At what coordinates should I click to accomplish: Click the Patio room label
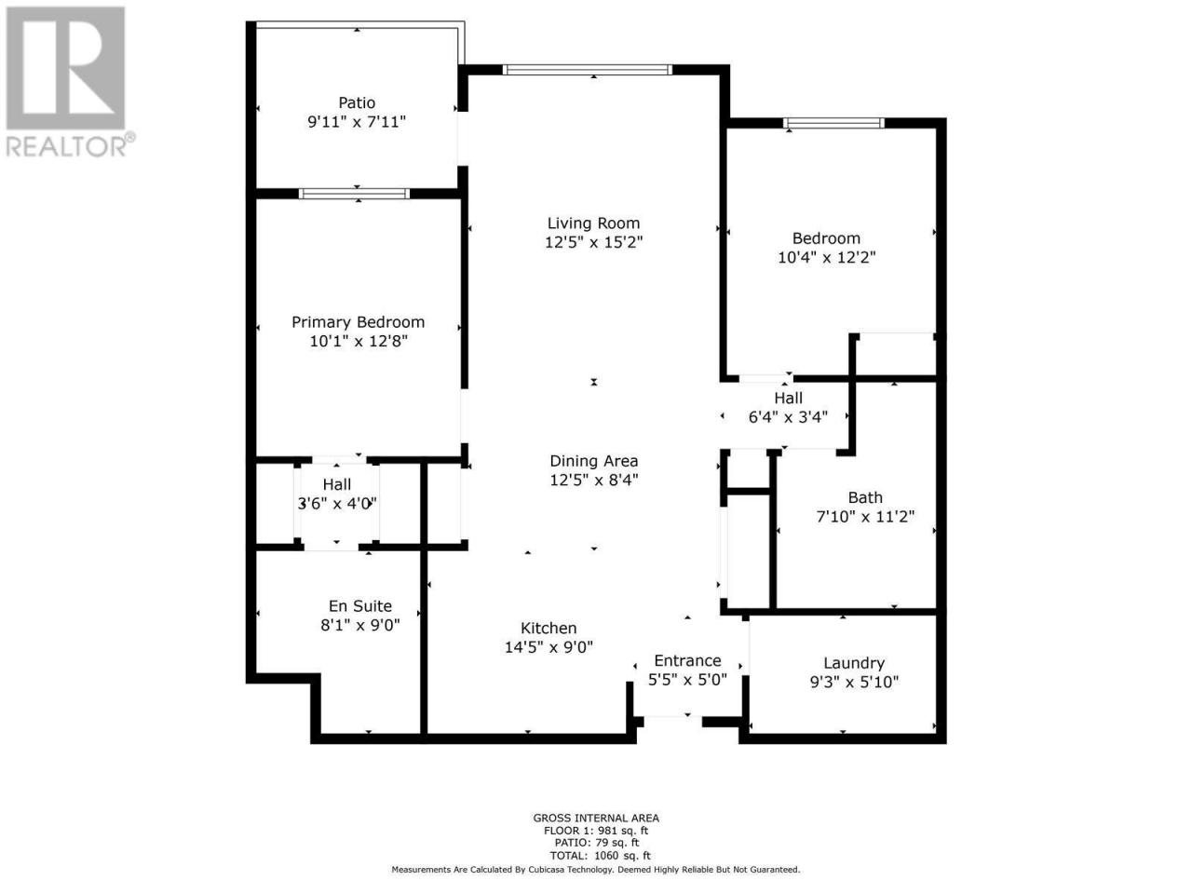pos(357,102)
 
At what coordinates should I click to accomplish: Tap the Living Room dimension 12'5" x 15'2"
pos(593,242)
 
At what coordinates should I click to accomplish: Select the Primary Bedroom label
pos(358,322)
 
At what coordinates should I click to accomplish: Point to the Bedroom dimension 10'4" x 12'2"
pos(826,257)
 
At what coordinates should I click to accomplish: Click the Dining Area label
pos(593,461)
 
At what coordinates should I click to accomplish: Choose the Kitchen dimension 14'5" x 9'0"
pos(549,647)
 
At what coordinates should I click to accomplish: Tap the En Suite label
pos(360,605)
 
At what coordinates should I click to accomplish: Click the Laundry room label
pos(854,663)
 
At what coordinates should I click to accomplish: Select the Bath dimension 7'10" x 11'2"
pos(865,516)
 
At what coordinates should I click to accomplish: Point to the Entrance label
pos(687,660)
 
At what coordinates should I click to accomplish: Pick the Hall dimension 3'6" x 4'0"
pos(337,504)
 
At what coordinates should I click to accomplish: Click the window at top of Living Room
pos(587,70)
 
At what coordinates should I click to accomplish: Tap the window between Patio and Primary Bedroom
pos(354,194)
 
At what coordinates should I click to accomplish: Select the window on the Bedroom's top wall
pos(833,123)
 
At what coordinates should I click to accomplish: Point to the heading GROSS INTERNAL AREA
pos(595,818)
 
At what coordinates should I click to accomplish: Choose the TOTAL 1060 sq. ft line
pos(600,856)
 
